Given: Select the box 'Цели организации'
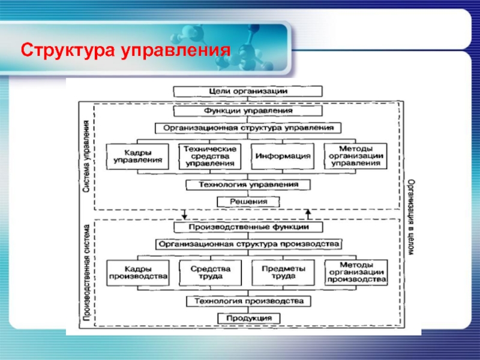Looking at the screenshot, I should tap(248, 91).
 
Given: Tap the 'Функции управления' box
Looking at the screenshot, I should tap(248, 110).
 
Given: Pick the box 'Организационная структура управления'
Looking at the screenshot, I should tap(248, 128).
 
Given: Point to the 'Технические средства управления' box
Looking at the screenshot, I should tap(209, 156).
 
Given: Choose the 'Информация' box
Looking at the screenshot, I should tap(283, 156).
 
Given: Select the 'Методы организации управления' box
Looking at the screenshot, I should tap(355, 156).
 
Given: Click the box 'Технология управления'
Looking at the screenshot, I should tap(248, 185).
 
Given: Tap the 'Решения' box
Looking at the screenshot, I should tap(248, 202).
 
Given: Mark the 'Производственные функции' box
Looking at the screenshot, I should tap(248, 227).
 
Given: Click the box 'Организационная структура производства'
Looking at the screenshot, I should tap(248, 244).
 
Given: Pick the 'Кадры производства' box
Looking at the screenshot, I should tap(137, 272).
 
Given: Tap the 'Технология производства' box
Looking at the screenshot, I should tap(248, 301).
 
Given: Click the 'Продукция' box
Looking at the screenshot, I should tap(248, 317).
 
